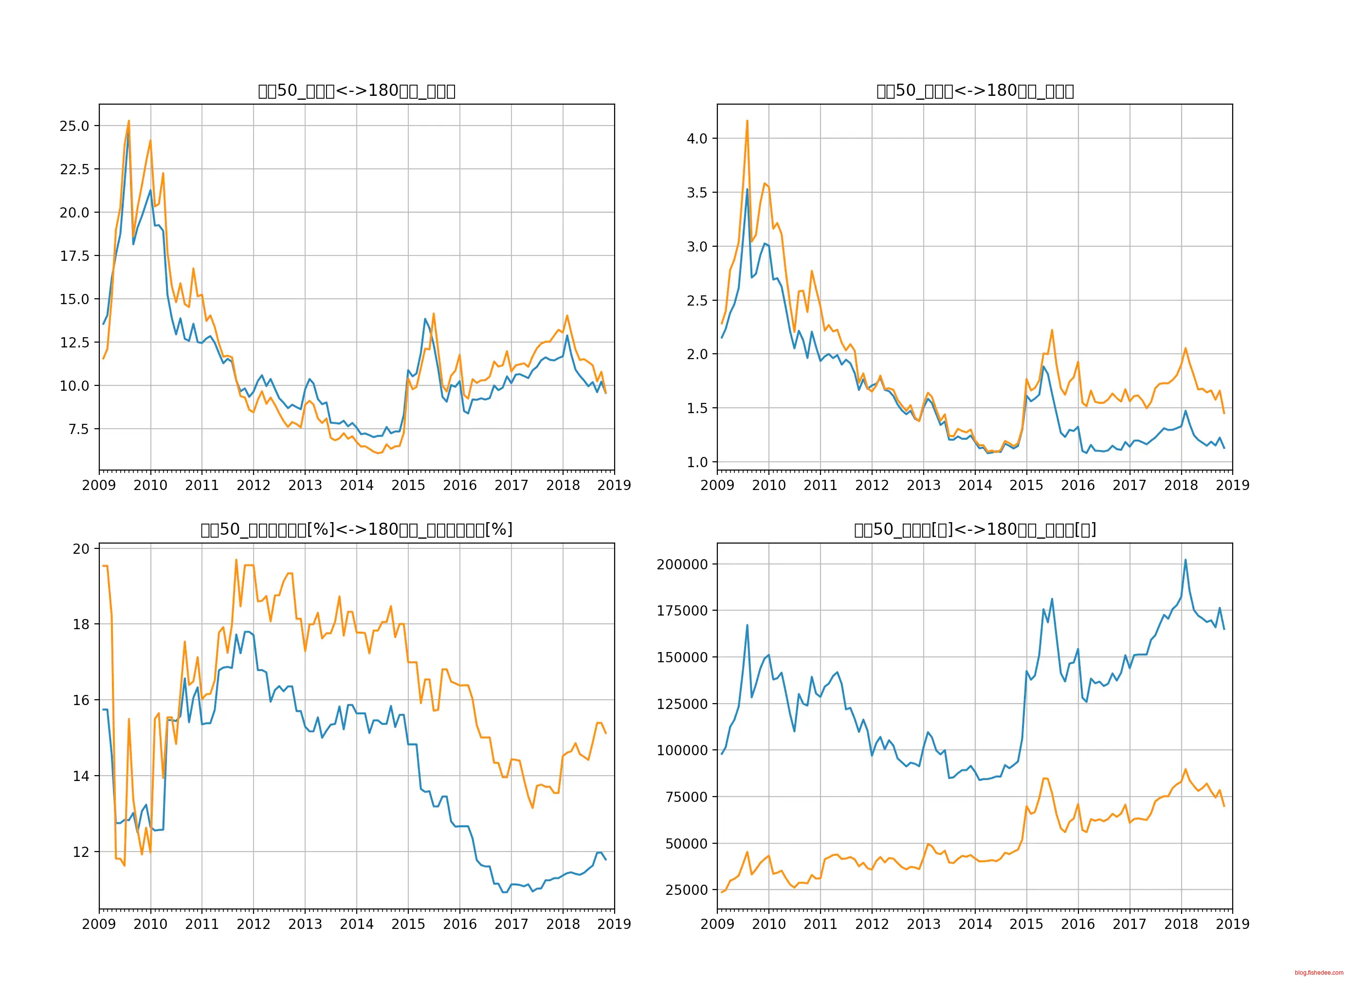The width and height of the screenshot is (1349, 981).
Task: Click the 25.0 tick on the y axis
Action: click(74, 126)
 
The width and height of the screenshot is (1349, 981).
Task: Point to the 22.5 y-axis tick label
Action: click(74, 169)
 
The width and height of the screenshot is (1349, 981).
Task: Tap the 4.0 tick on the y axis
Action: click(697, 139)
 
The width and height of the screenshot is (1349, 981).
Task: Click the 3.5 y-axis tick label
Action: click(697, 193)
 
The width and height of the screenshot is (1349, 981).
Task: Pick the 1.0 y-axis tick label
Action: click(697, 463)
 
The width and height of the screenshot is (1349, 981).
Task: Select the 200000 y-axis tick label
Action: click(682, 564)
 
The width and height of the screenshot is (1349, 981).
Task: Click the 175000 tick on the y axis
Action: click(682, 611)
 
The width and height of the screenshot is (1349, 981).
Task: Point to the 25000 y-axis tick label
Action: click(687, 890)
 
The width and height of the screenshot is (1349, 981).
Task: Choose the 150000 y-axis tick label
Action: click(682, 657)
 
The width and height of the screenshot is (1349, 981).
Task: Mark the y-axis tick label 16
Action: click(81, 700)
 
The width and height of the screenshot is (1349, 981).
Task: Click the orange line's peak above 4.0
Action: click(747, 121)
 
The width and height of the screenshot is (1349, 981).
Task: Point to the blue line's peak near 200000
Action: click(1185, 560)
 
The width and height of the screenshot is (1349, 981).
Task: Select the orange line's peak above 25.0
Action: click(128, 121)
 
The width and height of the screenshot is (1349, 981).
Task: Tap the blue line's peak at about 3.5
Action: click(747, 189)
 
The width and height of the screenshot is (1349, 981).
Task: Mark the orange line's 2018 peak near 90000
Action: click(1185, 769)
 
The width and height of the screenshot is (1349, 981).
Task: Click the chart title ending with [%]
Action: click(356, 529)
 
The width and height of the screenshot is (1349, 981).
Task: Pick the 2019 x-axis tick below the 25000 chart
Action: click(1232, 925)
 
